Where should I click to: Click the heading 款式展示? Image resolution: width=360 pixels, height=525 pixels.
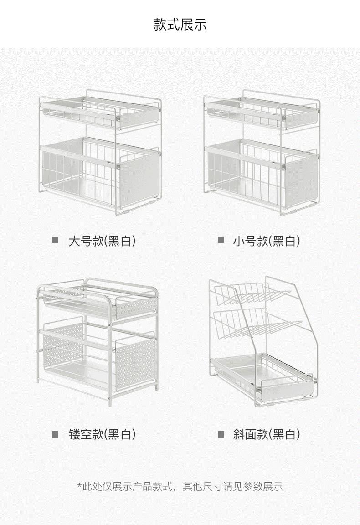tap(180, 24)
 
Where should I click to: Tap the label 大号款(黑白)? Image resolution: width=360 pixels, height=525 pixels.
tap(102, 241)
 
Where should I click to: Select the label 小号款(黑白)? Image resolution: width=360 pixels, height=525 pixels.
tap(267, 241)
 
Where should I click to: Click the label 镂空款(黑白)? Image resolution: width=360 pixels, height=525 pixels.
tap(102, 434)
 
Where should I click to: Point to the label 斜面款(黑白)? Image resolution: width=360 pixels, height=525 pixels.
tap(267, 434)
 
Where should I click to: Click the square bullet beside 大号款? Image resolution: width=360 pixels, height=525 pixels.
tap(55, 240)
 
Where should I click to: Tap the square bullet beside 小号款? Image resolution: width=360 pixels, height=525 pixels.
tap(221, 240)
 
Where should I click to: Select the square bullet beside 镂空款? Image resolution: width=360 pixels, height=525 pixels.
tap(55, 434)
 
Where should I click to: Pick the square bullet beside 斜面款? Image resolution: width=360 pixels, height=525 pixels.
tap(221, 434)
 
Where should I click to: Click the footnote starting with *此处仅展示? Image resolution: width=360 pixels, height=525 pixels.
tap(180, 486)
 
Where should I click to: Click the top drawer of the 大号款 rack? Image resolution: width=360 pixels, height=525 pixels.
tap(99, 113)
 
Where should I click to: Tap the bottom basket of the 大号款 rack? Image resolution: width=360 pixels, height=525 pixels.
tap(99, 174)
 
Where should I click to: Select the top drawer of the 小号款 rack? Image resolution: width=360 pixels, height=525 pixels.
tap(261, 113)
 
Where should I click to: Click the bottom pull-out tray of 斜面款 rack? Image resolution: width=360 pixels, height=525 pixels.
tap(263, 377)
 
